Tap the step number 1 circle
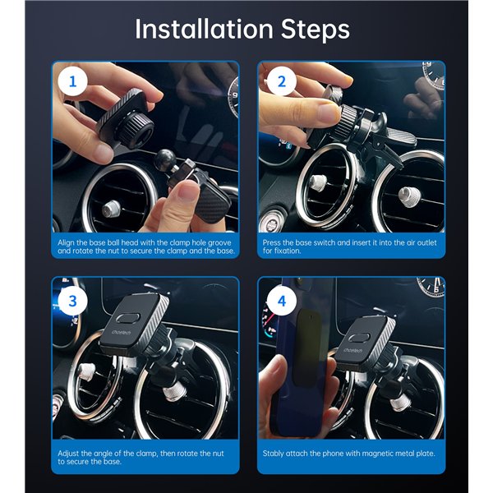(71, 82)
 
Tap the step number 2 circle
(281, 82)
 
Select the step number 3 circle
(71, 300)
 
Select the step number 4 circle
(281, 300)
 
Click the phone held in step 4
(301, 362)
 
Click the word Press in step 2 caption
(273, 244)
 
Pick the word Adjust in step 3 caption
(69, 453)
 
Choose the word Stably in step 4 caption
(274, 453)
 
